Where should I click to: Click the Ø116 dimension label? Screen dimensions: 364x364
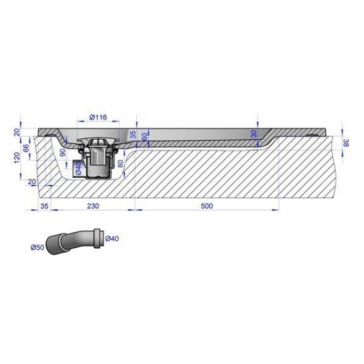pos(98,117)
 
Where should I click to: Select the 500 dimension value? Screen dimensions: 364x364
pos(207,206)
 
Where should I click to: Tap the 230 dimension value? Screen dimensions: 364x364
pos(93,206)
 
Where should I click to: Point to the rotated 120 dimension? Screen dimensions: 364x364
pos(17,157)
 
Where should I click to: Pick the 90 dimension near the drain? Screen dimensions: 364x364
pos(63,152)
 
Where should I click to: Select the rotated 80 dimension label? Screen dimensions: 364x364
pos(120,163)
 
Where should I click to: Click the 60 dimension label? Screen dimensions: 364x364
pos(144,137)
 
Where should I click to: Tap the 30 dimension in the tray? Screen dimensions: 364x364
pos(254,134)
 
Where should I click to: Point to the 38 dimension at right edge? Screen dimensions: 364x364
pos(346,143)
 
